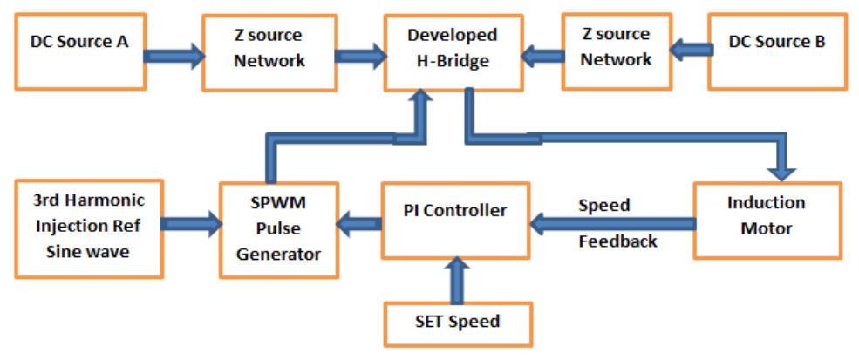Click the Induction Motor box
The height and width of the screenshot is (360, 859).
(754, 220)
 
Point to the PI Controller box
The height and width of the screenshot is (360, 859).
(456, 220)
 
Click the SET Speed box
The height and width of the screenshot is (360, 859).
(459, 322)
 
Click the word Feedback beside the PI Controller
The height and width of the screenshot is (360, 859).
(617, 241)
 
